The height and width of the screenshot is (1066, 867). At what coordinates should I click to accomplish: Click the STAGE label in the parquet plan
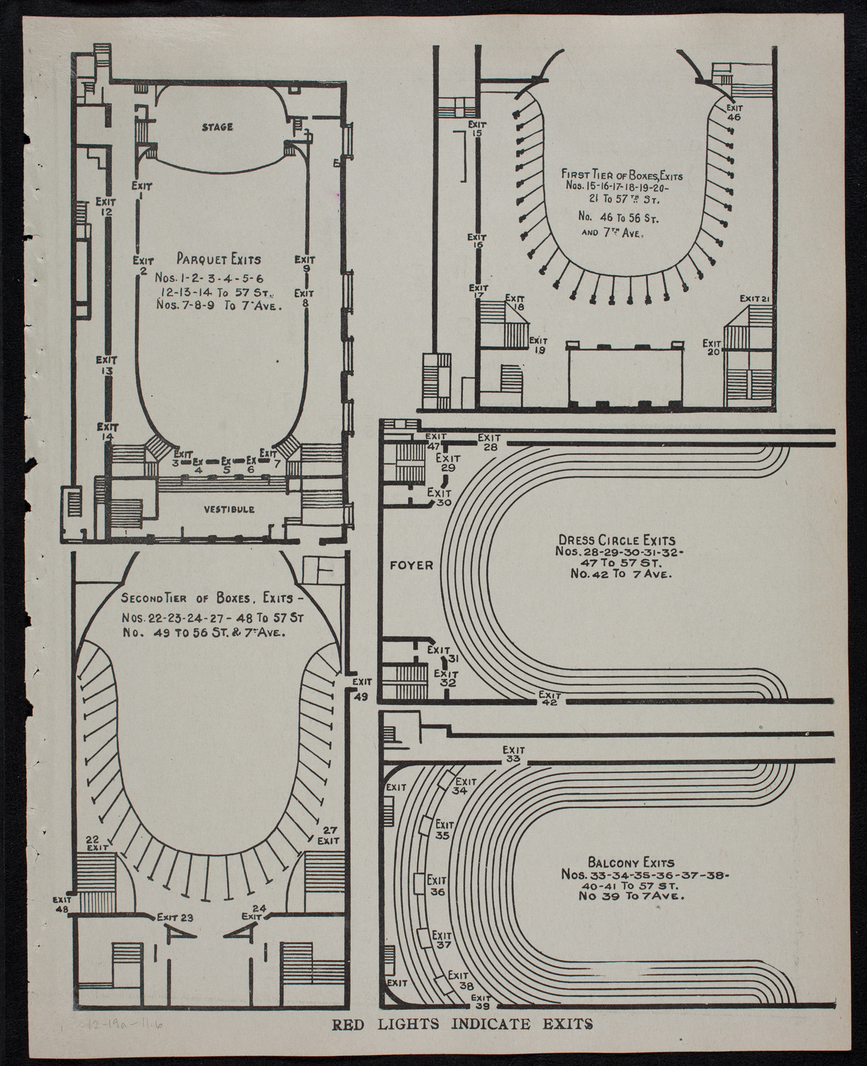click(x=217, y=127)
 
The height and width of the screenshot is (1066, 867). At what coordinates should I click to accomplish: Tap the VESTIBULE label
click(x=229, y=509)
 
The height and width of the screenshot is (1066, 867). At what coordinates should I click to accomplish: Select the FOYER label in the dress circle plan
click(x=411, y=566)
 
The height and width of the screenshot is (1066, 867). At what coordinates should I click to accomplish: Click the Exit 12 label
click(x=106, y=205)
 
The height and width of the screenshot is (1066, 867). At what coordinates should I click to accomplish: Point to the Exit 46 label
click(x=734, y=112)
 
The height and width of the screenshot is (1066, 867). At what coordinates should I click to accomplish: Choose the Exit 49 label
click(x=360, y=689)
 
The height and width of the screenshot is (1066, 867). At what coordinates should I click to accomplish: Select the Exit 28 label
click(x=490, y=441)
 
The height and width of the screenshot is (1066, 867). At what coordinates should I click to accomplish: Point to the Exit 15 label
click(x=476, y=129)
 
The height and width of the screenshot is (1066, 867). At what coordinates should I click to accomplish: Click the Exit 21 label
click(x=755, y=298)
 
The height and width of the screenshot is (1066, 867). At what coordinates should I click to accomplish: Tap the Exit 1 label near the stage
click(x=142, y=190)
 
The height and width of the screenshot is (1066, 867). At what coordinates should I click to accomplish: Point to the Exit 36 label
click(x=437, y=885)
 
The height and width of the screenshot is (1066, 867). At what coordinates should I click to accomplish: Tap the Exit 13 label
click(x=107, y=365)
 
